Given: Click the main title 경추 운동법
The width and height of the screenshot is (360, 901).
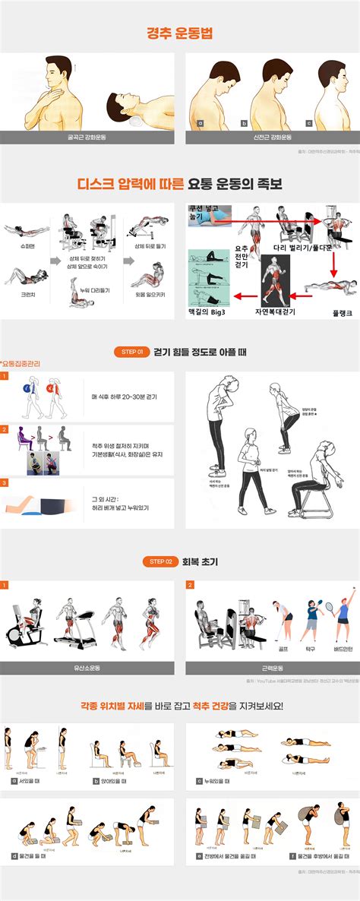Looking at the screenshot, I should click(179, 33).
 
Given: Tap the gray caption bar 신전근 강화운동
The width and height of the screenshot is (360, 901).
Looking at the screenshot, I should click(272, 138).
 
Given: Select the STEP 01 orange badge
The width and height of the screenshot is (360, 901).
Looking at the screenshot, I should click(133, 352).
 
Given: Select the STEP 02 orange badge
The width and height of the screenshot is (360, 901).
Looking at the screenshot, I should click(160, 561).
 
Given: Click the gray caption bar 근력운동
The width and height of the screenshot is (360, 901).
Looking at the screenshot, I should click(272, 668).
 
